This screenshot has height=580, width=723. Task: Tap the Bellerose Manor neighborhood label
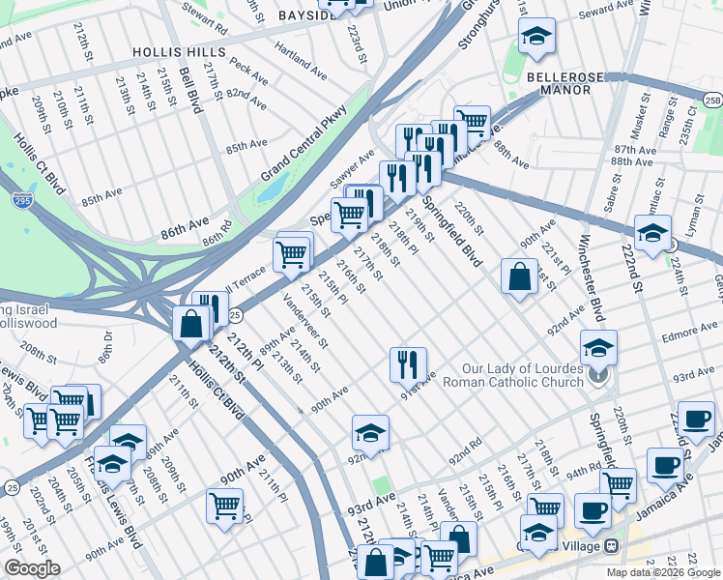[x=559, y=82]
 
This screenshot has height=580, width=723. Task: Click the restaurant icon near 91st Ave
[x=408, y=364]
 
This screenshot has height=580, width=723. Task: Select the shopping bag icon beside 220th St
[x=519, y=276]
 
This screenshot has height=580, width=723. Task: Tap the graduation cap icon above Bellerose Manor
[x=536, y=38]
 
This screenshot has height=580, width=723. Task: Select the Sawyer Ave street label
[x=352, y=169]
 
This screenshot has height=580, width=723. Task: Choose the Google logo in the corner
[x=31, y=569]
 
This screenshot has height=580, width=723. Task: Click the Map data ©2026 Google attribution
[x=662, y=572]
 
